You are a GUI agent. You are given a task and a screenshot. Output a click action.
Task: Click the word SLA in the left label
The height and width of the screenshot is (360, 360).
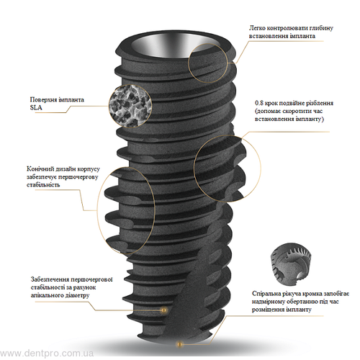coord(36,108)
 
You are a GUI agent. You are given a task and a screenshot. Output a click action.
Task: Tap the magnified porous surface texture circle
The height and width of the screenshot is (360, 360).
coord(130,106)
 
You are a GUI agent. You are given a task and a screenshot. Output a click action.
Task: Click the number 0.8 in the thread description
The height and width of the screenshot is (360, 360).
coord(259,103)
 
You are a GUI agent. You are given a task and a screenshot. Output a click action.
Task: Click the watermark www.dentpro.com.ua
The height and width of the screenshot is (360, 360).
coord(47,354)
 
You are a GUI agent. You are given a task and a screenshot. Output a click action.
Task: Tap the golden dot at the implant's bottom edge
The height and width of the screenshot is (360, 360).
coord(179,344)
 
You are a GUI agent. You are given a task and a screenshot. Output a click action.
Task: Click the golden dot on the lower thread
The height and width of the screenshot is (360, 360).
coord(164,310)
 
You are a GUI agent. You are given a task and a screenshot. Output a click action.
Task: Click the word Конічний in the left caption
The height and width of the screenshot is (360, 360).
coord(40,169)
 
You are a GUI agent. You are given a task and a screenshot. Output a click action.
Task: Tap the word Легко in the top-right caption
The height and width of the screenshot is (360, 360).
coord(257,28)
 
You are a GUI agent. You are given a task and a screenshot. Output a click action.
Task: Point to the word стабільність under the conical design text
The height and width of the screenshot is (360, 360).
coord(43,185)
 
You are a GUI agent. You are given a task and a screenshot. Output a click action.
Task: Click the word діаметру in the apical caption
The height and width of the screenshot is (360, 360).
coord(76,295)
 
